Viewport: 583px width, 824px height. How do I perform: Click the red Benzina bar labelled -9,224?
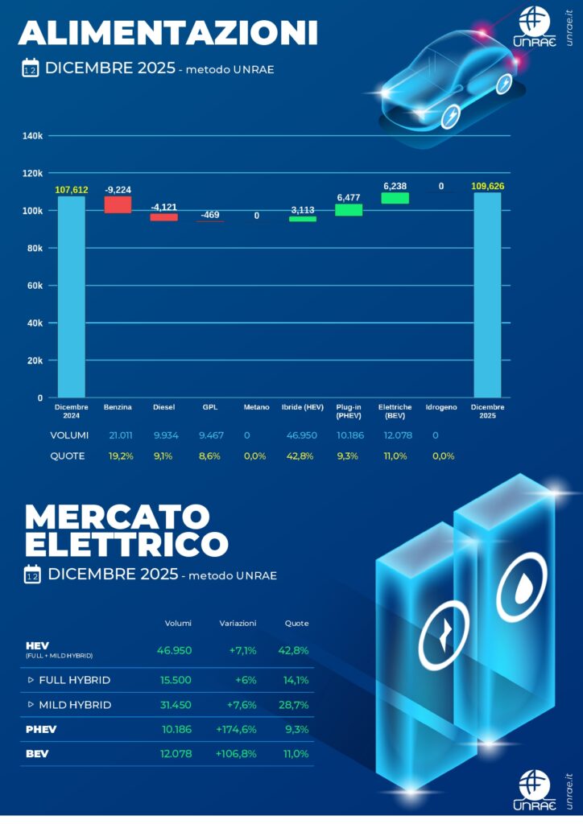pyautogui.click(x=118, y=204)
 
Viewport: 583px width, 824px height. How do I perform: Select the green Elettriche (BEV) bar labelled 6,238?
pyautogui.click(x=395, y=198)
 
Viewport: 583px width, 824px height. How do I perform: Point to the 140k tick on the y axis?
pyautogui.click(x=32, y=136)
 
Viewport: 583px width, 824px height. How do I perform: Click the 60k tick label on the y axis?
pyautogui.click(x=35, y=286)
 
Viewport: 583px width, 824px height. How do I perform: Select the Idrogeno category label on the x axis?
pyautogui.click(x=441, y=408)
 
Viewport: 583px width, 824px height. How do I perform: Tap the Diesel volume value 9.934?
pyautogui.click(x=165, y=435)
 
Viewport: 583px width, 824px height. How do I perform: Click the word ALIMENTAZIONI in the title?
pyautogui.click(x=167, y=33)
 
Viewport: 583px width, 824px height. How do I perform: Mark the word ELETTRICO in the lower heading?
pyautogui.click(x=126, y=545)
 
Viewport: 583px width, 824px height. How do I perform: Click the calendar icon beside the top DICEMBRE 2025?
pyautogui.click(x=31, y=69)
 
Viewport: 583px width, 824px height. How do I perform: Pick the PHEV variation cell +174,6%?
pyautogui.click(x=236, y=730)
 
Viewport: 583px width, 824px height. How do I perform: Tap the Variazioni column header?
pyautogui.click(x=238, y=623)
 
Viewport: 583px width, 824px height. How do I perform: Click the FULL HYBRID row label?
pyautogui.click(x=74, y=680)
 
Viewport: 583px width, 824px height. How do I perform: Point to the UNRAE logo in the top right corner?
pyautogui.click(x=535, y=27)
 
